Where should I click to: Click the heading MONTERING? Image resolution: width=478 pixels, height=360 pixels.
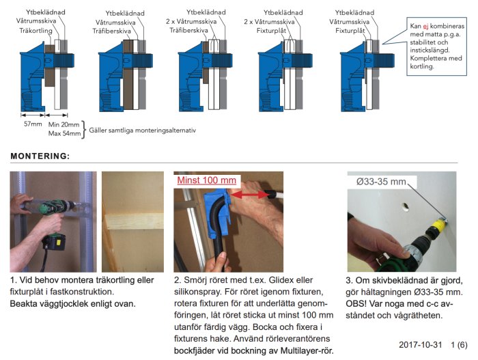[x=40, y=156]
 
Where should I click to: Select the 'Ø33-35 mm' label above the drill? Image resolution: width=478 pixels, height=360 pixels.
[x=382, y=182]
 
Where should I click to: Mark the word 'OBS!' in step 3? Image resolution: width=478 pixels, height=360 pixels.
[x=361, y=303]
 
